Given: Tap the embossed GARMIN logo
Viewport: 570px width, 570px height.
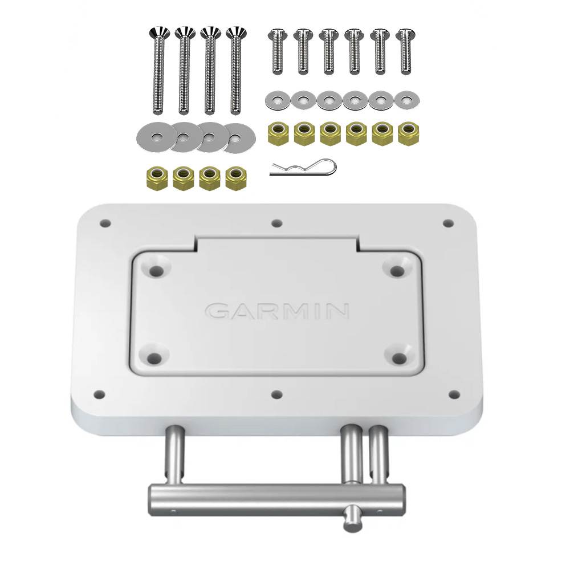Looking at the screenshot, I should click(x=277, y=311).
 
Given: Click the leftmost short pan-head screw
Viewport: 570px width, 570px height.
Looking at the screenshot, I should click(x=276, y=51).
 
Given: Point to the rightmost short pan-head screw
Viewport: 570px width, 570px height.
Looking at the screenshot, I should click(x=405, y=51).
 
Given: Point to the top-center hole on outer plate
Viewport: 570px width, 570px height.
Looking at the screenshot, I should click(x=277, y=223).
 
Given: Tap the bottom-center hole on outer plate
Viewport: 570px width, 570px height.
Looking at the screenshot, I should click(x=277, y=393).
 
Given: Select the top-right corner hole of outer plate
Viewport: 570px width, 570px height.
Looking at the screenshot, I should click(x=448, y=223).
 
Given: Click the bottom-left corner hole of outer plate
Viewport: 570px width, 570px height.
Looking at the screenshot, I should click(x=99, y=393).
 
